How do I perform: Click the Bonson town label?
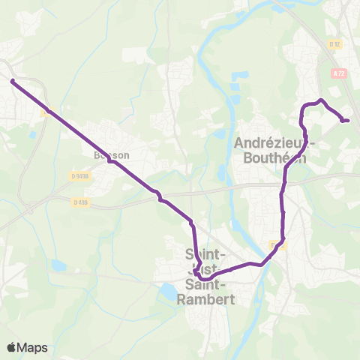pos(112,155)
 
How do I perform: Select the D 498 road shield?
pos(80,202)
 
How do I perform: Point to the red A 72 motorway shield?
pos(337,73)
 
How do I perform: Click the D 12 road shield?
pos(334,44)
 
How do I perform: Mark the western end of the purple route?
pos(12,80)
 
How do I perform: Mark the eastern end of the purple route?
pos(347,120)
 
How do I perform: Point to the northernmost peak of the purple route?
pos(321,100)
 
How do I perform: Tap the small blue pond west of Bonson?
pos(33,136)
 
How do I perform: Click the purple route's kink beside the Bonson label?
pos(110,160)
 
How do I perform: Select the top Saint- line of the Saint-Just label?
pos(201,253)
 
